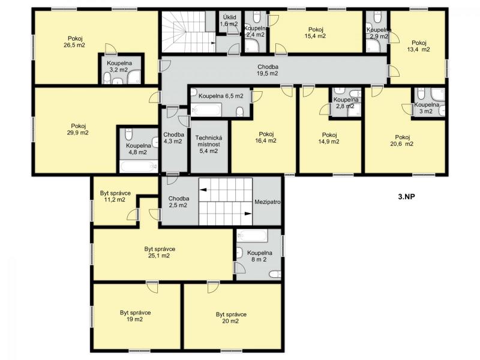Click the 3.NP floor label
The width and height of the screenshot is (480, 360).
pos(406,197)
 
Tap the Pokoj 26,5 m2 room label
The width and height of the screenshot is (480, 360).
pos(77,42)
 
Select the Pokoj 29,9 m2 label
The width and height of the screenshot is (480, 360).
pos(78,129)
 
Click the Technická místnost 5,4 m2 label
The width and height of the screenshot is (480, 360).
pos(209,144)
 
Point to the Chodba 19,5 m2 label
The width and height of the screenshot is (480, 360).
pos(268,70)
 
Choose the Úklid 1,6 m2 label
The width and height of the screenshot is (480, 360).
pos(229,20)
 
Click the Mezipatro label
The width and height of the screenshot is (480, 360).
pos(267,202)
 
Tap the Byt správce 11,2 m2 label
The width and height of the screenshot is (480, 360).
pos(115,197)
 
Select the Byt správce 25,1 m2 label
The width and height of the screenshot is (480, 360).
pos(159,252)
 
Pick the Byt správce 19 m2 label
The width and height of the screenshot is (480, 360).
pos(135,316)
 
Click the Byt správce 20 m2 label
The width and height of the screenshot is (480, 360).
pos(231,317)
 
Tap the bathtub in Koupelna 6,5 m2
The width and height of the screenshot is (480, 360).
pos(206,110)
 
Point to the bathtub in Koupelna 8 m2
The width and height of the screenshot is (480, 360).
pos(253,235)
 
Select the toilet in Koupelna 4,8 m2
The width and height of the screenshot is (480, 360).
pos(128,134)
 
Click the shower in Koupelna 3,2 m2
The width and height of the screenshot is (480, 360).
pos(134,77)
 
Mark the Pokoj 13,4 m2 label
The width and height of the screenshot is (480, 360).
pos(421,46)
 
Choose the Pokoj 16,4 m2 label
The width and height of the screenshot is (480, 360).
pos(266,137)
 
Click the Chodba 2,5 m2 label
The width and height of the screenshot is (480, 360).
pos(178,202)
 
